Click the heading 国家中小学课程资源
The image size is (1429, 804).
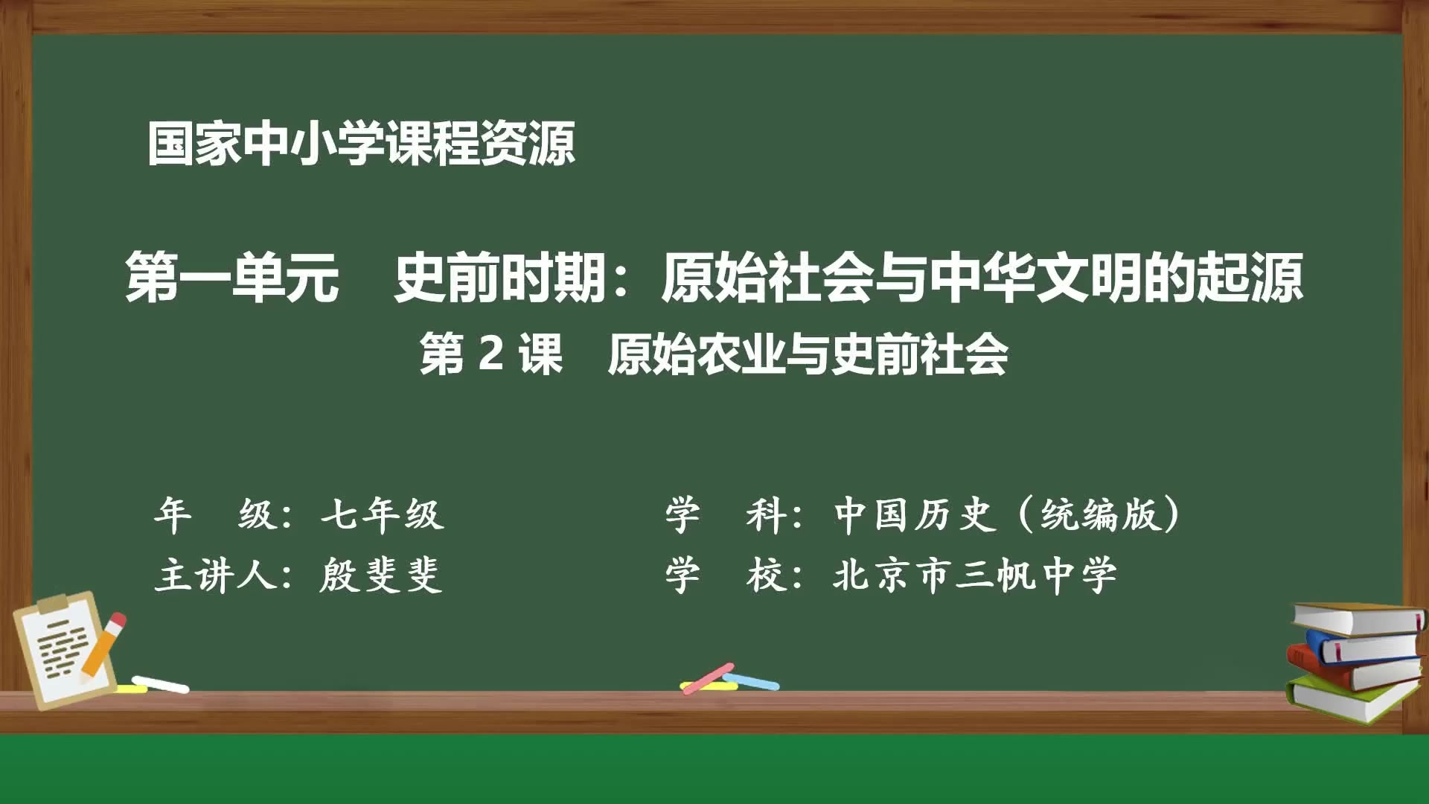coord(361,143)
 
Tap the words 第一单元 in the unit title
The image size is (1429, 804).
coord(232,278)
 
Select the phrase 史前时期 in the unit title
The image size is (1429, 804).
coord(500,278)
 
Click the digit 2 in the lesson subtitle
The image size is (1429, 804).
coord(491,354)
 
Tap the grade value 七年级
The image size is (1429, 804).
coord(383,514)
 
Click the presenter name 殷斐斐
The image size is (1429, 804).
coord(381,575)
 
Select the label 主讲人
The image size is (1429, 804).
coord(216,575)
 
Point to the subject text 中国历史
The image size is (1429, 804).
coord(915,514)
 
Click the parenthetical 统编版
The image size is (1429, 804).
coord(1100,514)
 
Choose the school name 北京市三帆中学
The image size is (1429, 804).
coord(975,575)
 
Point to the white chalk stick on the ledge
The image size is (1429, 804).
coord(161,684)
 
